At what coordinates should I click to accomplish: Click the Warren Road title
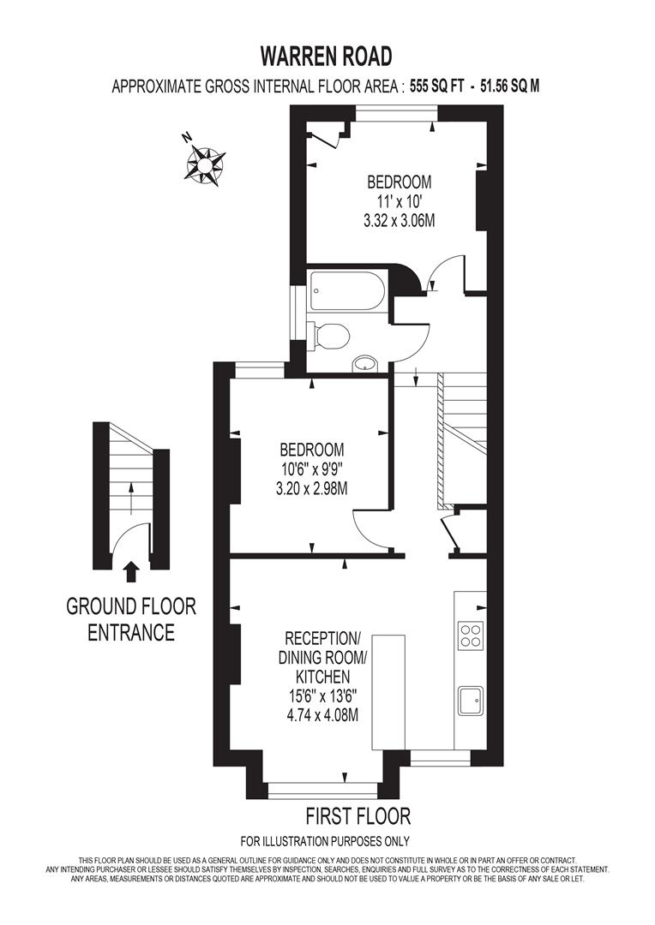[327, 57]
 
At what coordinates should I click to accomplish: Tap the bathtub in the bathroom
[347, 291]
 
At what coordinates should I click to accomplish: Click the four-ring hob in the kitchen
[470, 635]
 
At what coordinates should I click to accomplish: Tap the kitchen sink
[470, 700]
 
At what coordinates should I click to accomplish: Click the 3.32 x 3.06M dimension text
[400, 220]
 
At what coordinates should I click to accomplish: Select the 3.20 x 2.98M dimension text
[312, 488]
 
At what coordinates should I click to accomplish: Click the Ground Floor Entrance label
[131, 619]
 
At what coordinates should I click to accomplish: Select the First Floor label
[358, 815]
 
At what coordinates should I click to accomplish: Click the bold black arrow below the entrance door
[131, 570]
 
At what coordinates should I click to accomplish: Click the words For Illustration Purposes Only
[325, 841]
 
